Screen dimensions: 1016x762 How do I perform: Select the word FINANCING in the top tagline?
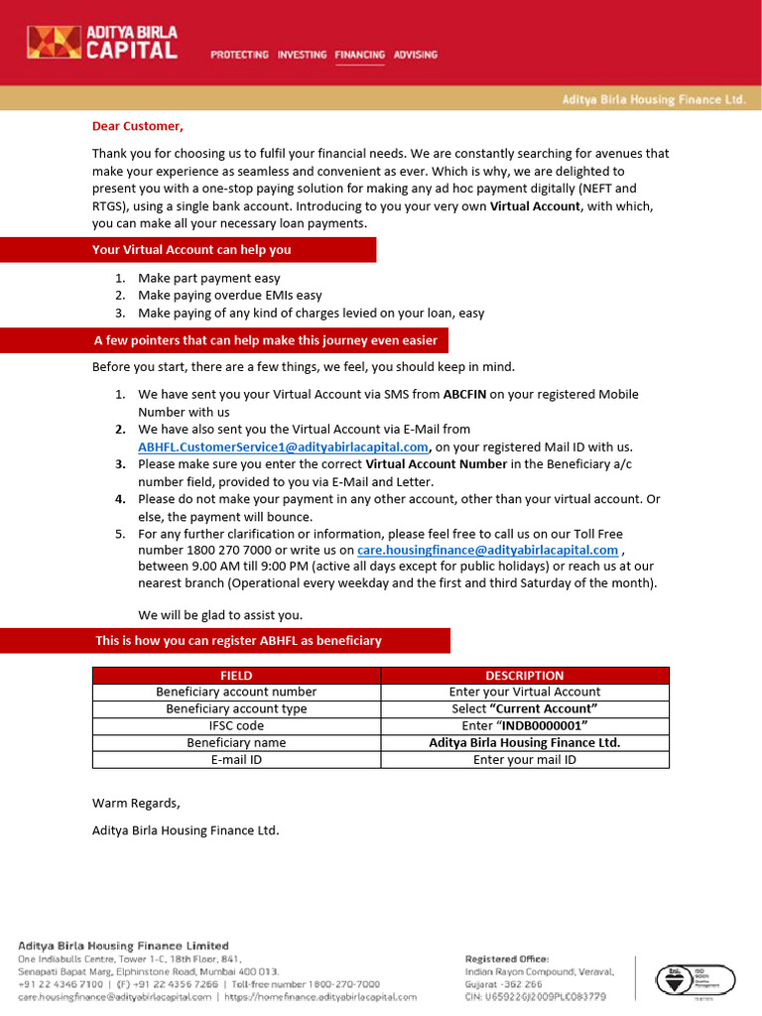(359, 55)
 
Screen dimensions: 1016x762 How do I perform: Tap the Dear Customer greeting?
(138, 126)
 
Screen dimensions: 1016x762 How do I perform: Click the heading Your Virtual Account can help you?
(191, 250)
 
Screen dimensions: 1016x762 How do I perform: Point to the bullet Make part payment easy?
(208, 279)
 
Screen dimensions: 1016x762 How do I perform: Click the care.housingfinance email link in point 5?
(487, 550)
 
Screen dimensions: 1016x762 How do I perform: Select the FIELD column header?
(236, 676)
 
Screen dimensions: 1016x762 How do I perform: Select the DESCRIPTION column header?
(524, 676)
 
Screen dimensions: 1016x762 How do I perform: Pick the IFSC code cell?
(236, 726)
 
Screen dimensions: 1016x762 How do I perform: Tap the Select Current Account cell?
(524, 709)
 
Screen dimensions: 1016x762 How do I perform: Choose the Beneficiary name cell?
(236, 743)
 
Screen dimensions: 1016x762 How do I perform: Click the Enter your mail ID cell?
(524, 760)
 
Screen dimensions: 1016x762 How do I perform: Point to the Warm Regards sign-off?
(136, 803)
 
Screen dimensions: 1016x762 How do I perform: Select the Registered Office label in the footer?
(506, 958)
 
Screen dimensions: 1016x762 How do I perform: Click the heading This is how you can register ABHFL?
(238, 641)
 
